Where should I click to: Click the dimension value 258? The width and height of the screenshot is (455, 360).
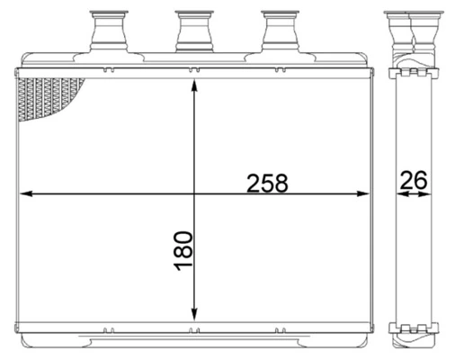[268, 183]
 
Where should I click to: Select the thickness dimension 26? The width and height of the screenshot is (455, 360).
[413, 180]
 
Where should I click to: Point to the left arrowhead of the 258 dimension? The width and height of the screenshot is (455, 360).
[25, 193]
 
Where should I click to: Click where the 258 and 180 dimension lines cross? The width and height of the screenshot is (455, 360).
[193, 193]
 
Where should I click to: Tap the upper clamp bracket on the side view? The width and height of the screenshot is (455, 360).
[412, 71]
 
